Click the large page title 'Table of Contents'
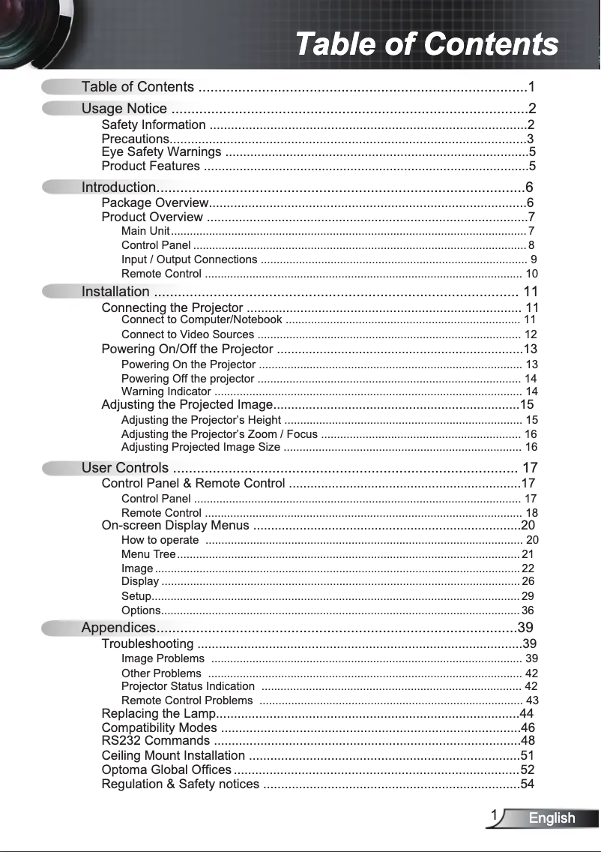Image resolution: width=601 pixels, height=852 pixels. pos(426,43)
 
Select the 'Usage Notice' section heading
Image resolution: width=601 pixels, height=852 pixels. pos(124,109)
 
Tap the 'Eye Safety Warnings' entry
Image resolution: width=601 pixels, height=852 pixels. pos(161,152)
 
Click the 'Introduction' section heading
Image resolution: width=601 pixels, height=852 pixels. pos(118,187)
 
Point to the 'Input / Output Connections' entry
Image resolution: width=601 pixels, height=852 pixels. pos(189,259)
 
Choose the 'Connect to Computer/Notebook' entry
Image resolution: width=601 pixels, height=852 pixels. pos(202,320)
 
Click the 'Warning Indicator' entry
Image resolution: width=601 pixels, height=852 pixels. pos(166,391)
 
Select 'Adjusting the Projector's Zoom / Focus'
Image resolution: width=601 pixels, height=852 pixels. pos(220,434)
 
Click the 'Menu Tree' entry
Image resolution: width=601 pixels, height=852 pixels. pos(148,554)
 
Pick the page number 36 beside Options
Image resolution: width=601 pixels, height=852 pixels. pos(528,610)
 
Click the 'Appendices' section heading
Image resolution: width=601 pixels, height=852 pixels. pos(118,628)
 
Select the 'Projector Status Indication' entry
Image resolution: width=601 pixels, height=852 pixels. pos(188,686)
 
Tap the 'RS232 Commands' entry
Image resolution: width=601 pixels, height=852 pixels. pos(155,742)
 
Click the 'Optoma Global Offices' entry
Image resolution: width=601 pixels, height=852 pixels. pos(166,769)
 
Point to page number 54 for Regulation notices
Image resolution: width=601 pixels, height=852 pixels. pos(528,784)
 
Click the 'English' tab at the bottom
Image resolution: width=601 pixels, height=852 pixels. pos(552,818)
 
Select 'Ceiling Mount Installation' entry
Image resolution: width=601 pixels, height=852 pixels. pos(173,755)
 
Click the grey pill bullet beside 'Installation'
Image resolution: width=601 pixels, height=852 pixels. pos(60,292)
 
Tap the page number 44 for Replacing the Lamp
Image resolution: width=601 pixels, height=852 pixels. pos(527,713)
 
